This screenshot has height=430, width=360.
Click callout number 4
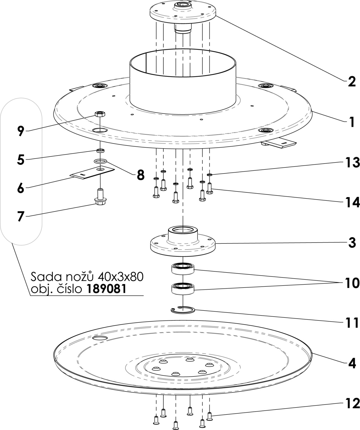coord(352,363)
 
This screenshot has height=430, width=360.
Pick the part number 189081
coord(106,289)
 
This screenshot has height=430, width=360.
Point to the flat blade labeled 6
coord(93,172)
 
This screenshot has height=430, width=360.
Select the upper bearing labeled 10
coord(182,269)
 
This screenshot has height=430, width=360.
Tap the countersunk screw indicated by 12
coord(209,415)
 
